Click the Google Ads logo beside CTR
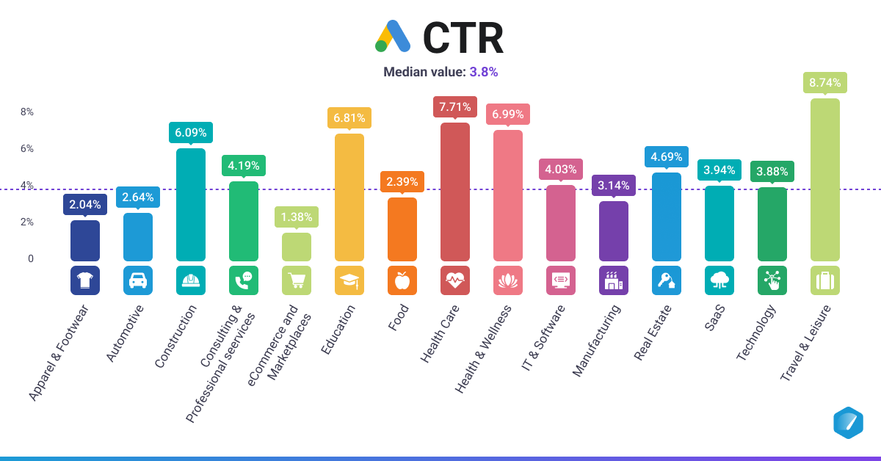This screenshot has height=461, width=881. click(x=392, y=37)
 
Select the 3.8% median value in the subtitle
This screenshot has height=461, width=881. click(x=484, y=72)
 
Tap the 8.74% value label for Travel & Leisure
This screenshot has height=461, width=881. click(x=824, y=83)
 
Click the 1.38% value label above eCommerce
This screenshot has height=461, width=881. click(x=296, y=217)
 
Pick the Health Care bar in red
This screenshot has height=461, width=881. click(x=454, y=192)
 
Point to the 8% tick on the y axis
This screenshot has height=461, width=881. click(x=26, y=112)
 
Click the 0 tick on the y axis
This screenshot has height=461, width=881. click(x=31, y=258)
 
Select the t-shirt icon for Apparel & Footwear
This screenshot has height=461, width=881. click(x=85, y=280)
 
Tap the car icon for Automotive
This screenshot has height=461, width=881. click(x=138, y=280)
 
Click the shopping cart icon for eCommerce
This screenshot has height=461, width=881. click(x=297, y=280)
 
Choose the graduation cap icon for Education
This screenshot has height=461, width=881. click(x=349, y=280)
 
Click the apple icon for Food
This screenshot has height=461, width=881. click(x=402, y=280)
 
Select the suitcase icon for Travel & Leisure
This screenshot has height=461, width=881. click(x=824, y=280)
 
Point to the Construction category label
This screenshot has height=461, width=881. click(x=177, y=336)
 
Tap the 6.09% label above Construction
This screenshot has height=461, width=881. click(x=190, y=134)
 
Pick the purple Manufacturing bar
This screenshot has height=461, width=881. click(x=613, y=231)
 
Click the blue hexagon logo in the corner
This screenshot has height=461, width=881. click(x=848, y=423)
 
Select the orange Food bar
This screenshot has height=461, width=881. click(x=402, y=229)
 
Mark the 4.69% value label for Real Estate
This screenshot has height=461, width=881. click(x=666, y=156)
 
